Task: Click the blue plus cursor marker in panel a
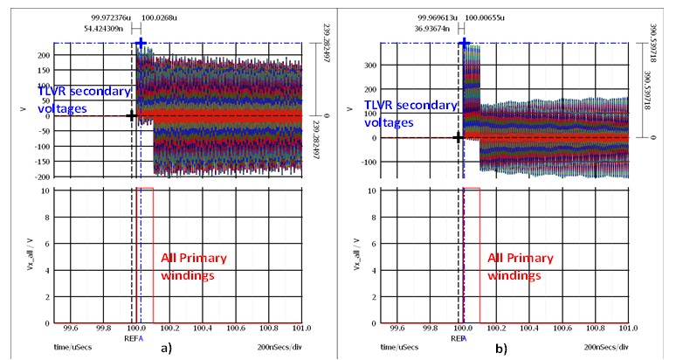(140, 43)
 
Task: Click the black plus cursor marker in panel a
(131, 115)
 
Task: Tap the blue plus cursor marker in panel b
(465, 43)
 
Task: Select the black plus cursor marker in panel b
(459, 137)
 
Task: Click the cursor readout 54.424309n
(107, 27)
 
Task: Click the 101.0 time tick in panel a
(302, 331)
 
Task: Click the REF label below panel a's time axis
(130, 338)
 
